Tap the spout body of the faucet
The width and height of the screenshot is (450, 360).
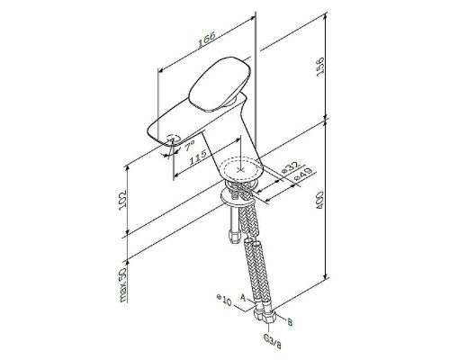click(x=193, y=126)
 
